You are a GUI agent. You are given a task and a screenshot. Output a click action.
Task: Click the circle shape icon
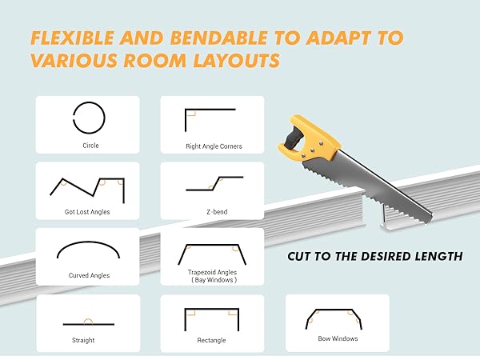[89, 119]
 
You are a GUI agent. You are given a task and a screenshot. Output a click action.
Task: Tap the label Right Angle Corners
[214, 146]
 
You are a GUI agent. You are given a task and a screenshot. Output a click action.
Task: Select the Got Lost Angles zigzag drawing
[87, 187]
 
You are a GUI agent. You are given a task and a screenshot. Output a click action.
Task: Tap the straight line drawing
[88, 323]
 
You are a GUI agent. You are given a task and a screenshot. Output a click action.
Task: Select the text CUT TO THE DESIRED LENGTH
[374, 257]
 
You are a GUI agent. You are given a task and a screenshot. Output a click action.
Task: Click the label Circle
[90, 146]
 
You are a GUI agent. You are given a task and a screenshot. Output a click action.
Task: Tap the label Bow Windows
[337, 338]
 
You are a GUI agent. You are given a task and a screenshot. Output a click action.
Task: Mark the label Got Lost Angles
[88, 212]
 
